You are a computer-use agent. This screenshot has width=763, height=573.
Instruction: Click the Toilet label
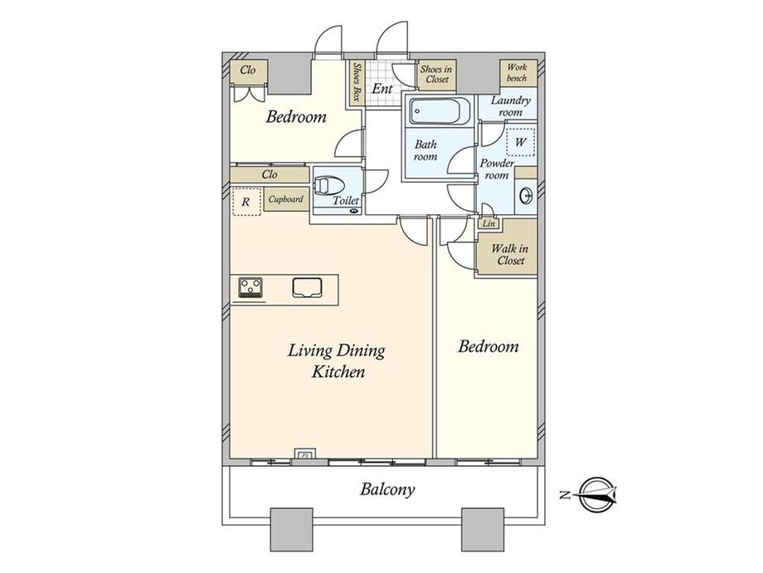click(x=346, y=200)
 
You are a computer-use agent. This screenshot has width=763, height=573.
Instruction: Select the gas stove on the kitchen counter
click(x=250, y=287)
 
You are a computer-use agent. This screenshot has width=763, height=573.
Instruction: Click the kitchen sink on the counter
click(x=307, y=287)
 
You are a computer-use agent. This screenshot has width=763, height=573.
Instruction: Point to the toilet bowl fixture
click(x=329, y=186)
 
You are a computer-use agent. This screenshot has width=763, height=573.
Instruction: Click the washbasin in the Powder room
click(x=527, y=196)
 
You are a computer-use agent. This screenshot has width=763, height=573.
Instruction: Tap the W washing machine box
click(x=521, y=142)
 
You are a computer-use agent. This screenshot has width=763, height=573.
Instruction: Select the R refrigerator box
click(x=246, y=201)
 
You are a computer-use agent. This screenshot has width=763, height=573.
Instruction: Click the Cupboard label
click(x=286, y=199)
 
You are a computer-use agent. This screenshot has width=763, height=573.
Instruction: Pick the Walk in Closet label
click(x=510, y=254)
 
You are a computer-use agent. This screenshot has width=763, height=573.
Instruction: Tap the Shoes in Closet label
click(x=436, y=74)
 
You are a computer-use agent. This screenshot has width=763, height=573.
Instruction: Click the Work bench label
click(x=517, y=72)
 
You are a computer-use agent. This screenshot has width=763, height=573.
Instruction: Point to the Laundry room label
click(x=510, y=106)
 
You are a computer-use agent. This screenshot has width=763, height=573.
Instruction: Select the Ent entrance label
click(x=382, y=89)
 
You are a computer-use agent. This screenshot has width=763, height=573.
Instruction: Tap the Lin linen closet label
click(x=489, y=223)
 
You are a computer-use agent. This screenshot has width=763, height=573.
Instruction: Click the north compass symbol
click(x=599, y=495)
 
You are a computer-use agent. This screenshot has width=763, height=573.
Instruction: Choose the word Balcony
click(x=387, y=489)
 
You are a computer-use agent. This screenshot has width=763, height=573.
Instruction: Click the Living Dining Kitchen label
click(x=337, y=361)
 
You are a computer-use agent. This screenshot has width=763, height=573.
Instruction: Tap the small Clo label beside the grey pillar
click(x=248, y=70)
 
